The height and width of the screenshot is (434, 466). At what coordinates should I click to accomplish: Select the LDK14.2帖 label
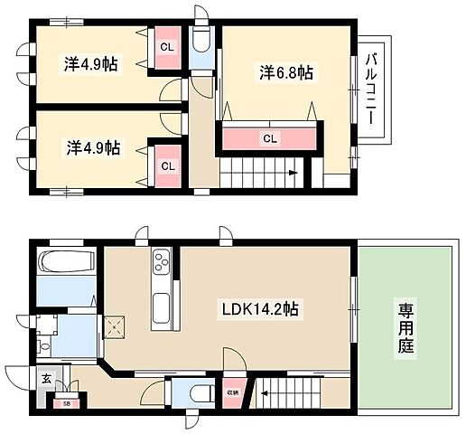tap(261, 309)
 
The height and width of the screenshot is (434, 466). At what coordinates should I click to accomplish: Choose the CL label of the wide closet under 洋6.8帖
tap(269, 138)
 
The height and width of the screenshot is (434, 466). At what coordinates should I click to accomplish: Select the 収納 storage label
tap(233, 392)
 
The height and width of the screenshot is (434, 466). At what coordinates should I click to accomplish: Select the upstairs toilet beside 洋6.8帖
tap(201, 44)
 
